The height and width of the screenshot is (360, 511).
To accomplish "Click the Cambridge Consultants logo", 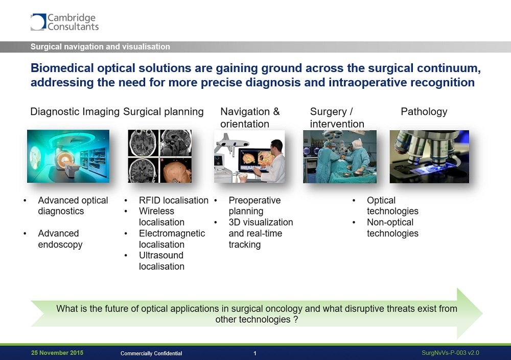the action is [64, 22].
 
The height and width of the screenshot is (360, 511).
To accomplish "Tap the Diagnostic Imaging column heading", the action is [75, 112].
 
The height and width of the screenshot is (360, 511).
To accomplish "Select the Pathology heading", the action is [424, 112].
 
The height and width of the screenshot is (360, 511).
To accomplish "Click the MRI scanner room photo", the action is [68, 156].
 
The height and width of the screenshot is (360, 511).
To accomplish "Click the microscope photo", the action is [429, 157].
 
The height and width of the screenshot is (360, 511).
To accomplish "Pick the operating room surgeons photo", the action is [340, 157].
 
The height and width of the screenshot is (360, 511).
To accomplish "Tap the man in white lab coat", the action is [274, 161].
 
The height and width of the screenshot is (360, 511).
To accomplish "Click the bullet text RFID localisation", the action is [174, 200].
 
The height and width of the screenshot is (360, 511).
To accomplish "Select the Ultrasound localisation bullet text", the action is [161, 260].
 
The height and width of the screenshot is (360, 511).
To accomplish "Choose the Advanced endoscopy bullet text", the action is [60, 239].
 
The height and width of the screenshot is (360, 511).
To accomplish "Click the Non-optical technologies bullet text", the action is [392, 228].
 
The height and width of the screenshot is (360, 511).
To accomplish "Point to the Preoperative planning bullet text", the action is [254, 206].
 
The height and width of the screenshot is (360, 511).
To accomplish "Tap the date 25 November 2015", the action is [57, 353].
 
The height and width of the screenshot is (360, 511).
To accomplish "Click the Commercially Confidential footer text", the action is [151, 353].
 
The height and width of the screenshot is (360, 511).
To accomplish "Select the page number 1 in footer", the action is [255, 353].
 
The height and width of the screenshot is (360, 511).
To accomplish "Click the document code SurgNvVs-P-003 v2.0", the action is [450, 353].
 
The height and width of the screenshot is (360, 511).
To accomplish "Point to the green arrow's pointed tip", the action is [482, 314].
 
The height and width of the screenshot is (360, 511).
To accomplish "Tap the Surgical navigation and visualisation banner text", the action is [100, 46].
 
